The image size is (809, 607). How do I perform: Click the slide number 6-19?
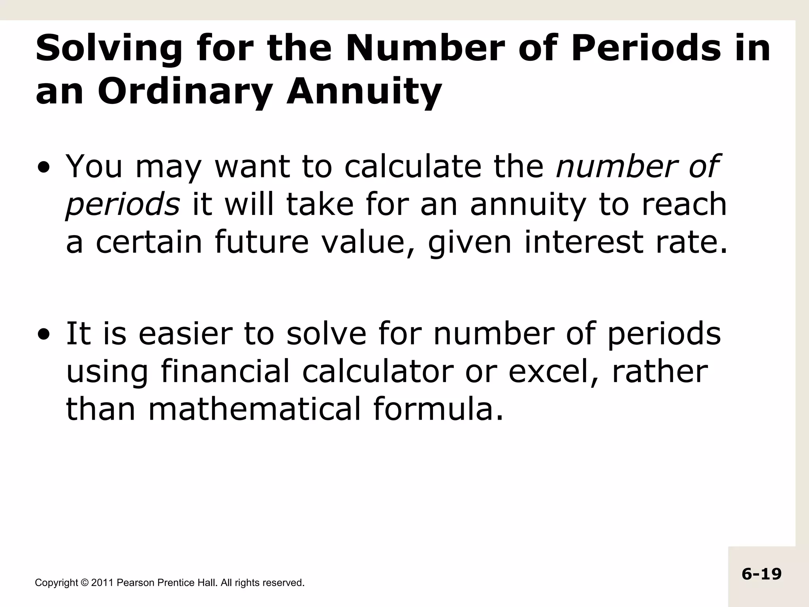pyautogui.click(x=762, y=574)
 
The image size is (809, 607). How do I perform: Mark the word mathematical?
pyautogui.click(x=255, y=409)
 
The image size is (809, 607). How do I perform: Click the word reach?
pyautogui.click(x=684, y=204)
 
